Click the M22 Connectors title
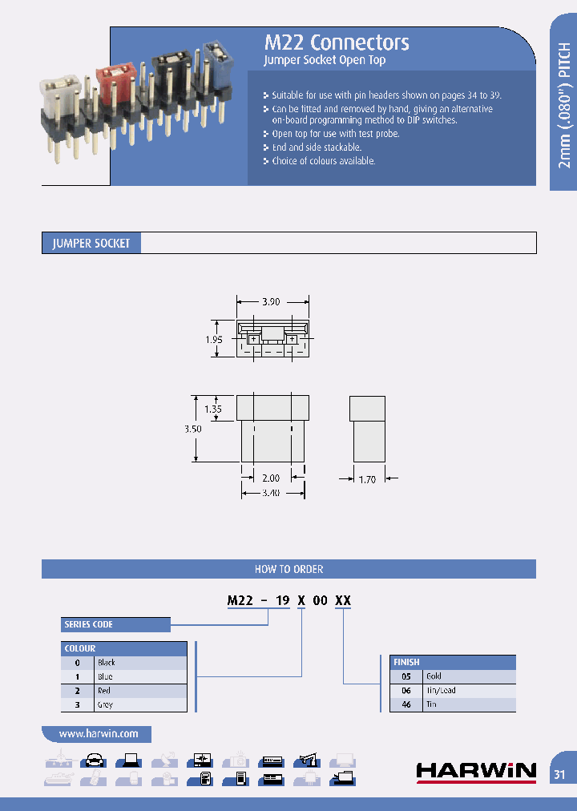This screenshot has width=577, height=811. (x=337, y=42)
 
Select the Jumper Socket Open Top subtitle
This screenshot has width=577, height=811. (x=325, y=61)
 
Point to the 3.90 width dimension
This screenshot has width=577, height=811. (x=272, y=302)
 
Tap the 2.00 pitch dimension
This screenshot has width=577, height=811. (x=272, y=478)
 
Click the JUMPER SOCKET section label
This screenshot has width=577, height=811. (x=91, y=243)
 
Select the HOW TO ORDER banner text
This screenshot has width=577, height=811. (x=288, y=569)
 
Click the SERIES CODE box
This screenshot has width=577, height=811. (x=116, y=624)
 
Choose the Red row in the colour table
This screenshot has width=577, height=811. (x=124, y=691)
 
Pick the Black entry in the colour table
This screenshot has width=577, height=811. (x=124, y=663)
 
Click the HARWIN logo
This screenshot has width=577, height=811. (x=476, y=771)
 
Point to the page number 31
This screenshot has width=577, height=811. (x=559, y=774)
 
